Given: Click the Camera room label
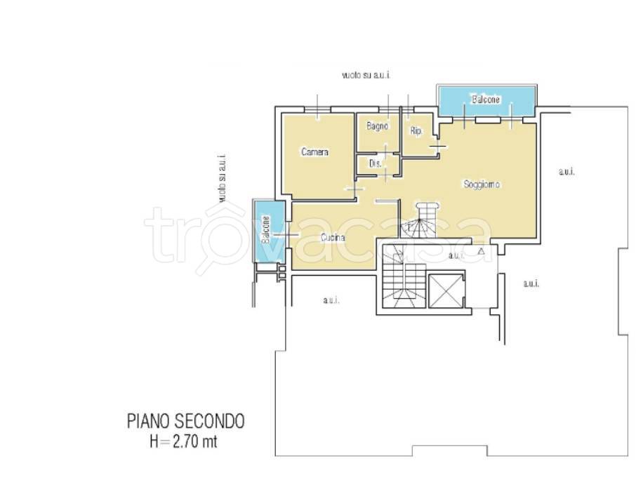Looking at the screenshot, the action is pyautogui.click(x=314, y=152).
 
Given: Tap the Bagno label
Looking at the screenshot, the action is pyautogui.click(x=377, y=126).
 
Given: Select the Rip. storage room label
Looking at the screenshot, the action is pyautogui.click(x=416, y=131).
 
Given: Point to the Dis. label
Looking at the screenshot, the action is pyautogui.click(x=375, y=163).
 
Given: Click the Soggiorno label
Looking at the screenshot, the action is pyautogui.click(x=482, y=184).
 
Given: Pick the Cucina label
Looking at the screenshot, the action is pyautogui.click(x=333, y=238).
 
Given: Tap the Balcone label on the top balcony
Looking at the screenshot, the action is pyautogui.click(x=486, y=99).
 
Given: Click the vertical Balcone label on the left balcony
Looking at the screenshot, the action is pyautogui.click(x=265, y=229).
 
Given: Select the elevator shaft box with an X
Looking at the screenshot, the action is pyautogui.click(x=445, y=290).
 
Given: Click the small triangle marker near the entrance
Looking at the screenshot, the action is pyautogui.click(x=481, y=251).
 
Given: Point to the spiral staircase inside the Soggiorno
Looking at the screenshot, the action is pyautogui.click(x=420, y=220).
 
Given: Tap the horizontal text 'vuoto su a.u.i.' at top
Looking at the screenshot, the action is pyautogui.click(x=366, y=75).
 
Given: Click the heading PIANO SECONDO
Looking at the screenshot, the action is pyautogui.click(x=186, y=421).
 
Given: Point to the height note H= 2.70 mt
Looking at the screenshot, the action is pyautogui.click(x=183, y=441).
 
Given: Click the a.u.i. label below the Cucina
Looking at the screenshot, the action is pyautogui.click(x=331, y=300).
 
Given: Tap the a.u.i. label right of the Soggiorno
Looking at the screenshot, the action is pyautogui.click(x=567, y=171).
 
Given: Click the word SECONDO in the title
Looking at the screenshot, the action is pyautogui.click(x=209, y=421).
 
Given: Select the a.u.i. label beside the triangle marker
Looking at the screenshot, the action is pyautogui.click(x=456, y=255).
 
